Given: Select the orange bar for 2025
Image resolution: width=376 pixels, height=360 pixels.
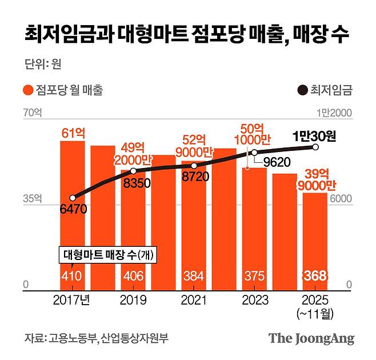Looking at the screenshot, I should click(315, 240).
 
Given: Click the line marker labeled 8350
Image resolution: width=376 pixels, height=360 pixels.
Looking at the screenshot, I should click(133, 171).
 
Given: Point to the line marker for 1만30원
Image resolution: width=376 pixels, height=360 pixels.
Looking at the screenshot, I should click(315, 147).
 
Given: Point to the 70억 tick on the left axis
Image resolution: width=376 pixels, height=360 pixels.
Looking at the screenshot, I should click(33, 114).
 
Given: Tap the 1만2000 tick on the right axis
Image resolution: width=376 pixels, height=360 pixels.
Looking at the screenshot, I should click(338, 114).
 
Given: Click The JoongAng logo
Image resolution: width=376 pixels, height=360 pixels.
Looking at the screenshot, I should click(311, 338).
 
